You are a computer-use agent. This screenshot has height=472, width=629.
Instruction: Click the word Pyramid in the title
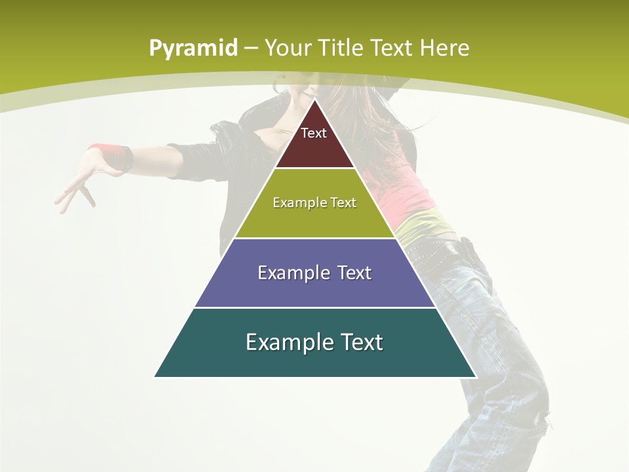[193, 48]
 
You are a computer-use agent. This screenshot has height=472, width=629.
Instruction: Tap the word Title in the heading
[341, 48]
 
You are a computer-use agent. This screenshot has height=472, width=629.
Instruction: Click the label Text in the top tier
[314, 133]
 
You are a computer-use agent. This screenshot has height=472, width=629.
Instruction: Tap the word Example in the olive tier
[293, 203]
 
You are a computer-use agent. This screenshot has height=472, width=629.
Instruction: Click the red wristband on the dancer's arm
[107, 155]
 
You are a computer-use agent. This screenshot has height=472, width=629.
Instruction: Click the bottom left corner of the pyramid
[155, 376]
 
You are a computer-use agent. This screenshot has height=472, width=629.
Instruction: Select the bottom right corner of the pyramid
[476, 376]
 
